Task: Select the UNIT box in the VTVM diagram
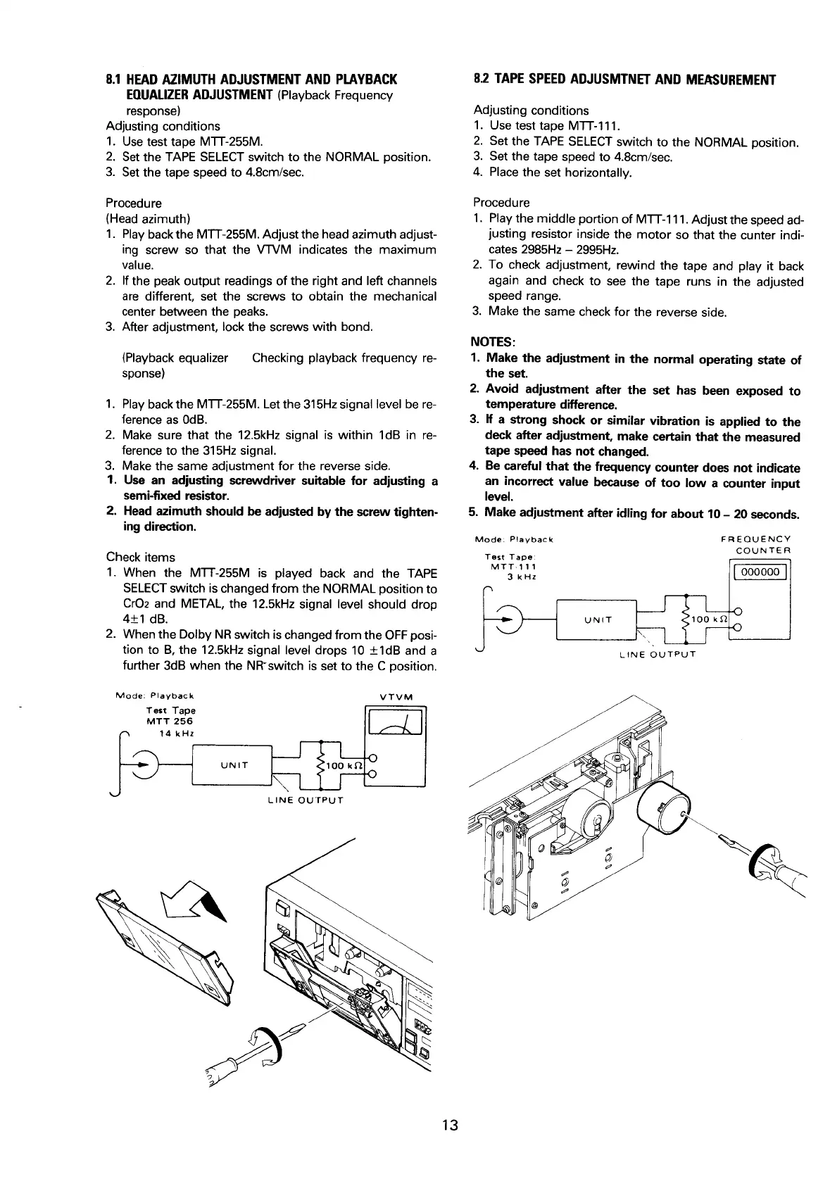(234, 765)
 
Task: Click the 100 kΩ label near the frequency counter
(708, 619)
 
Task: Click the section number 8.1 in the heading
(115, 78)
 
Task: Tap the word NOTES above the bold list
(493, 342)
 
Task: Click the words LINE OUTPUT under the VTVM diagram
(306, 800)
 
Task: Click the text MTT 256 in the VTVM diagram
(169, 721)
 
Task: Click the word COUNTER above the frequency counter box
(764, 550)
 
